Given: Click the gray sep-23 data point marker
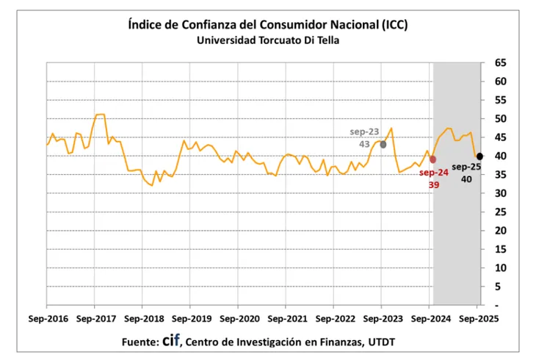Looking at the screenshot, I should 383,144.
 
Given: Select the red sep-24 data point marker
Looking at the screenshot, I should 432,159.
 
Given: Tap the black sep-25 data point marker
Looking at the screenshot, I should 479,156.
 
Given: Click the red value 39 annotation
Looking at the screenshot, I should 434,185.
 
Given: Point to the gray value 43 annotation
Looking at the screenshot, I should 365,144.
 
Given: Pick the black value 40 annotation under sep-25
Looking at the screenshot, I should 466,179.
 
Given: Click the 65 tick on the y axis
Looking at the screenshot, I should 501,63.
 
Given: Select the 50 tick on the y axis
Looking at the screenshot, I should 501,119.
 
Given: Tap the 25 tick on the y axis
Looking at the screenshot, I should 501,212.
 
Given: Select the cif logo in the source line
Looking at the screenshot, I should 171,341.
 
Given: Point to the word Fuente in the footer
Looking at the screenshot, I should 137,342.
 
